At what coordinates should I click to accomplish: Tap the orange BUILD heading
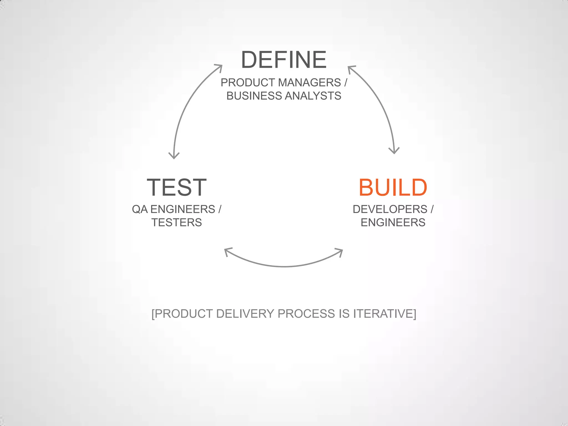(x=393, y=188)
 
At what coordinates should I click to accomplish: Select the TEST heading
(x=177, y=188)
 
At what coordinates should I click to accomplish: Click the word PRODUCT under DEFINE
(x=248, y=83)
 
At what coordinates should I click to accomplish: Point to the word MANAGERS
(x=309, y=83)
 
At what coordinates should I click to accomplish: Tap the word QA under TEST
(x=140, y=209)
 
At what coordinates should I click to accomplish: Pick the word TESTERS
(x=177, y=222)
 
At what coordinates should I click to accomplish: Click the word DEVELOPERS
(x=390, y=209)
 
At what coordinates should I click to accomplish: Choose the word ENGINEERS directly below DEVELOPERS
(x=393, y=222)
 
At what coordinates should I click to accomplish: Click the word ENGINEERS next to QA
(x=182, y=209)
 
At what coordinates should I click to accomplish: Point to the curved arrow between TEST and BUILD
(x=284, y=266)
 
